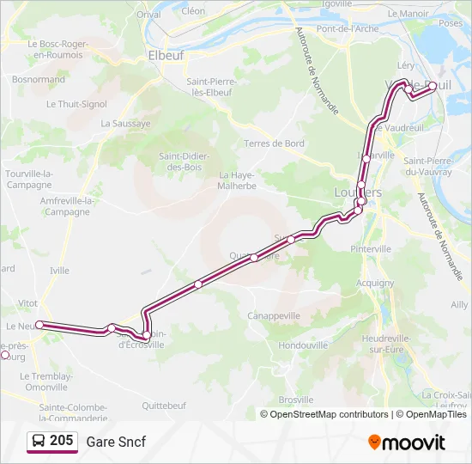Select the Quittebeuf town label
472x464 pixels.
164,406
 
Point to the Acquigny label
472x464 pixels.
375,282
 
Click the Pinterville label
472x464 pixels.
371,248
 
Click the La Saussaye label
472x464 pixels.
125,123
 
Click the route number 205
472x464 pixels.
62,441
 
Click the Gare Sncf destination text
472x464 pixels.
116,442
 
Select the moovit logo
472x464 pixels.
407,443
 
